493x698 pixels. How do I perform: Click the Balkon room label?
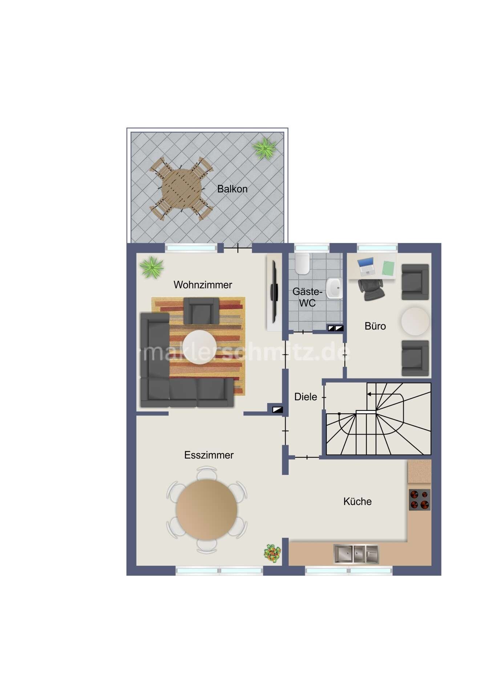click(232, 189)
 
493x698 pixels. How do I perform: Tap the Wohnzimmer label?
click(203, 285)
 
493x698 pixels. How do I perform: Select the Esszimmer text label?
click(209, 455)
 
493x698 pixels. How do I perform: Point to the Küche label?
click(357, 501)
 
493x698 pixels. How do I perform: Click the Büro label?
click(375, 326)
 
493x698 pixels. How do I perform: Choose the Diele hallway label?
click(306, 397)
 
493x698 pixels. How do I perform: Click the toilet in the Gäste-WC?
click(302, 263)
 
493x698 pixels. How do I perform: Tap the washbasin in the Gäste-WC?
click(334, 288)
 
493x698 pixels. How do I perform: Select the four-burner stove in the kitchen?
click(420, 500)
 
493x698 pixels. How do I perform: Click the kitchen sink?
click(356, 554)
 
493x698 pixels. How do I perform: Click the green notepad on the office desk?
click(389, 268)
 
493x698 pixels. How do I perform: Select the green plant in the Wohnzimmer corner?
click(152, 267)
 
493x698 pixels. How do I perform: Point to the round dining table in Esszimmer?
click(207, 510)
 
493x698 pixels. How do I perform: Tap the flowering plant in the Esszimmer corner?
click(272, 553)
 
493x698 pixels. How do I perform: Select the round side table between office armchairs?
click(415, 321)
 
